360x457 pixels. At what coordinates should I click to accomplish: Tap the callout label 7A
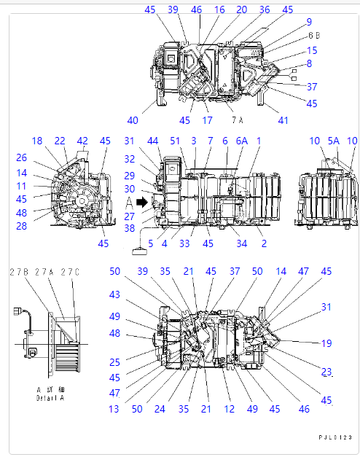tap(238, 119)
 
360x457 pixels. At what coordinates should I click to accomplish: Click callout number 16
tap(219, 9)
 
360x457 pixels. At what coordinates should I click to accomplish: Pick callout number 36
tap(264, 9)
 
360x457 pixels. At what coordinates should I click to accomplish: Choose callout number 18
tap(37, 140)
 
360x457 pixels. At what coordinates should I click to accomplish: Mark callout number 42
tap(83, 140)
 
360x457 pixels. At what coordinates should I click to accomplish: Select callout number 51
tap(176, 140)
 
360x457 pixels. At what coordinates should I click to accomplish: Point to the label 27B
tap(18, 272)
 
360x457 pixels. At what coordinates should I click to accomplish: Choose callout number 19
tap(326, 343)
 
